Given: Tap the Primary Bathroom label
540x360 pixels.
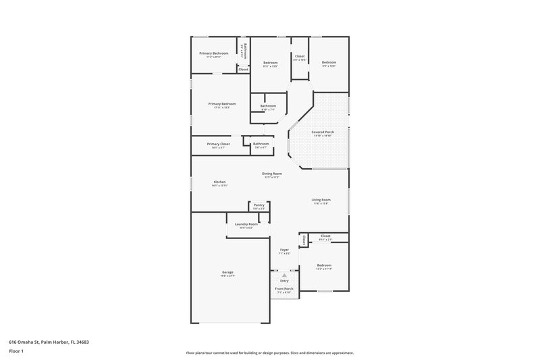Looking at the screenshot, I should coord(213,53).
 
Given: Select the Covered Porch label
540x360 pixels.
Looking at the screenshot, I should coord(323,132).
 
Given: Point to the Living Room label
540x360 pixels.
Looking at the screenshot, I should coord(321,200).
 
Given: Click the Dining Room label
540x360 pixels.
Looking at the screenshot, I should coord(272,174).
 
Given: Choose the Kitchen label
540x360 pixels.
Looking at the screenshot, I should coord(220,182).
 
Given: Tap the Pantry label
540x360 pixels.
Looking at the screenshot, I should coord(259,205).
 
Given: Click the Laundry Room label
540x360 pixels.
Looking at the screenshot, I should coord(246,224).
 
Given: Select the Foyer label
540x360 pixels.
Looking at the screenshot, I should coord(284,250).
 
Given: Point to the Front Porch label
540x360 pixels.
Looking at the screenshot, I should coord(283,288).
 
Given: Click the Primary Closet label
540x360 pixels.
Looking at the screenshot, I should coord(219,145).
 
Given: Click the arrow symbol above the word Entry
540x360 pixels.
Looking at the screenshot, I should coord(284,276).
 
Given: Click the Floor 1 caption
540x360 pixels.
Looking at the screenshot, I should coord(17,351).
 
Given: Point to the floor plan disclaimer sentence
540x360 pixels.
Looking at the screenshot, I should coord(270,353).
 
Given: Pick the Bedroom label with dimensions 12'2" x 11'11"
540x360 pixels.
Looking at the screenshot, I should coord(324,265).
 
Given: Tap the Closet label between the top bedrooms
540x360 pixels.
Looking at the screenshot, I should coord(300,56).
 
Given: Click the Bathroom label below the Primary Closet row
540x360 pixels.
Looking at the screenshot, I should coord(261,143).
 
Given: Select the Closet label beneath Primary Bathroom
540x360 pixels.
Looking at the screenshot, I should coord(243,69).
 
